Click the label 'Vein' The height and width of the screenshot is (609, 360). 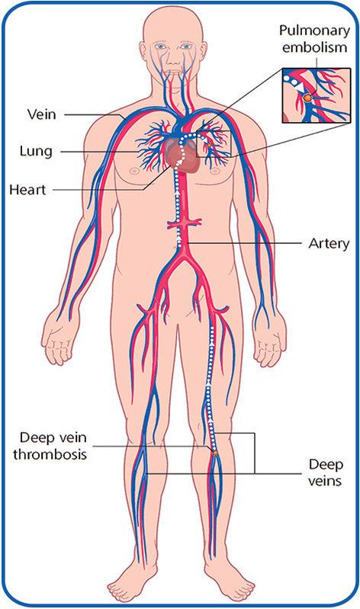click(x=42, y=114)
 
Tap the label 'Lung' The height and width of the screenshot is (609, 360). click(x=36, y=151)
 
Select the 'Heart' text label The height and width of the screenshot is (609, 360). click(x=27, y=190)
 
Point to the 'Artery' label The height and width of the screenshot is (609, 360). click(x=329, y=243)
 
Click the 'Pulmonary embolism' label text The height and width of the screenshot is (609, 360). click(x=314, y=39)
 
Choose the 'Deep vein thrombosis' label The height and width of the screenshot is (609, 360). click(x=50, y=445)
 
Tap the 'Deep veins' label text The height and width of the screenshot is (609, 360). click(x=326, y=473)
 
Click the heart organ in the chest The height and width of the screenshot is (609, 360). click(x=183, y=158)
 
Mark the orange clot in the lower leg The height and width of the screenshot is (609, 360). click(x=214, y=453)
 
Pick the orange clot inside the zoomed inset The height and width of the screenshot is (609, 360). click(x=307, y=98)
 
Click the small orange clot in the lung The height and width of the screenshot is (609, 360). click(x=209, y=146)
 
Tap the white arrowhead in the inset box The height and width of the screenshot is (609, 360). click(x=299, y=88)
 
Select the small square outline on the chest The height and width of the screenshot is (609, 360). click(x=214, y=144)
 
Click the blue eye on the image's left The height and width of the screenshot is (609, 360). click(x=159, y=46)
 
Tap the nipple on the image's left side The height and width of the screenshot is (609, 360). click(x=134, y=171)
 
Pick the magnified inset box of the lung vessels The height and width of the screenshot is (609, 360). click(x=316, y=95)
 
